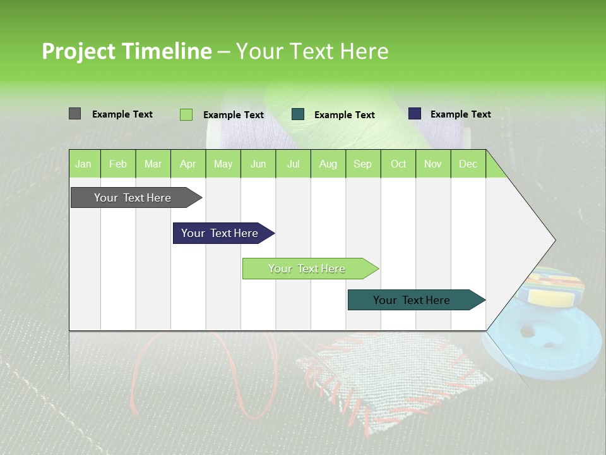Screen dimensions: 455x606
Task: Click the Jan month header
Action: pos(84,164)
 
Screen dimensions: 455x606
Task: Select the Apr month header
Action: pos(188,164)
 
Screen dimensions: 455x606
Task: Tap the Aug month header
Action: pos(328,164)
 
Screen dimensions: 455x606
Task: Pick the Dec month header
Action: pos(468,164)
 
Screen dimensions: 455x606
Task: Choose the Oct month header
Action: pos(398,164)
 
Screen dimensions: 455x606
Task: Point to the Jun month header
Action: pos(258,164)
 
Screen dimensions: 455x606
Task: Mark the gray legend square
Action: pos(74,114)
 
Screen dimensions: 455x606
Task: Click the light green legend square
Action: pos(186,114)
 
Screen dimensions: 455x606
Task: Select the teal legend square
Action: pos(298,114)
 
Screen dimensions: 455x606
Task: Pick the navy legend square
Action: pos(415,114)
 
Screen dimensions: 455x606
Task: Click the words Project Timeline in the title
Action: pos(126,51)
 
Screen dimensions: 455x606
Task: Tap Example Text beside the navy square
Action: pos(460,114)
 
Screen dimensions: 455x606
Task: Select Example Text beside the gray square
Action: pos(122,114)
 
